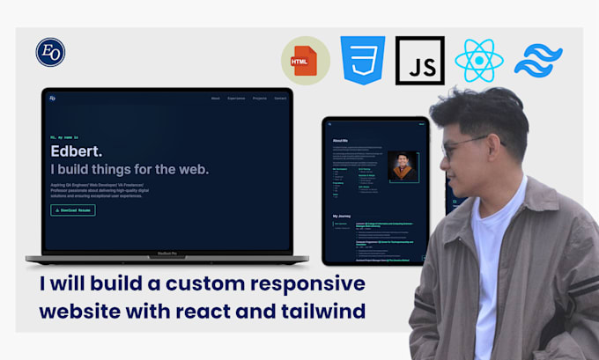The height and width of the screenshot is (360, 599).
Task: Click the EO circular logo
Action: click(x=50, y=52)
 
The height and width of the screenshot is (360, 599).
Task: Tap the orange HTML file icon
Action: click(x=306, y=61)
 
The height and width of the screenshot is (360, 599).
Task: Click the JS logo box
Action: click(x=420, y=61)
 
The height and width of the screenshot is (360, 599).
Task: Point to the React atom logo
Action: click(x=478, y=61)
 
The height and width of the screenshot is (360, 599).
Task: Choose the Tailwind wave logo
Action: click(x=538, y=61)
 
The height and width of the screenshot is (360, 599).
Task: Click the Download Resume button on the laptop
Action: click(x=73, y=210)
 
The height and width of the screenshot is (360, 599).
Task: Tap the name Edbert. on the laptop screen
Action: click(x=76, y=151)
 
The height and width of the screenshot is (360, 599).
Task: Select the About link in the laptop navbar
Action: click(x=216, y=98)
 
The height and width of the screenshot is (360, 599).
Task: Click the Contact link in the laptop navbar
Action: click(x=280, y=98)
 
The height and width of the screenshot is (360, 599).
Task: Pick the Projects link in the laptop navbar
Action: click(x=259, y=98)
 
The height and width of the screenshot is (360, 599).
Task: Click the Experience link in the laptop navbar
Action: click(x=236, y=98)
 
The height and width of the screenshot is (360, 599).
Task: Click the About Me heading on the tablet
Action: click(x=341, y=140)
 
